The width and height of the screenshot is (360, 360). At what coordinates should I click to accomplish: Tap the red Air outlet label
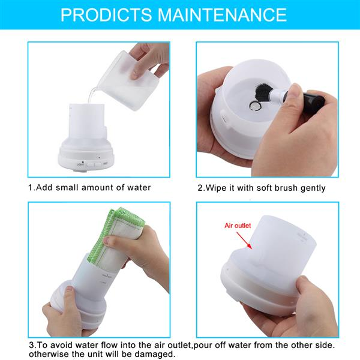click(236, 226)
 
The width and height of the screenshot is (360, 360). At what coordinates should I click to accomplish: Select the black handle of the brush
click(312, 101)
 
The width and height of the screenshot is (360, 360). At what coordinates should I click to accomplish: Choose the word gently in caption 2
click(311, 188)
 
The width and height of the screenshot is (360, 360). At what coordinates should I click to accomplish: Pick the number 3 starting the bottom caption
click(31, 346)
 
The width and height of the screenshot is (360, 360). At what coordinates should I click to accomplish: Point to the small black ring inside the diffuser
click(254, 107)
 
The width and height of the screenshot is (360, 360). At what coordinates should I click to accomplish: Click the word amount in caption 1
click(99, 188)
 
